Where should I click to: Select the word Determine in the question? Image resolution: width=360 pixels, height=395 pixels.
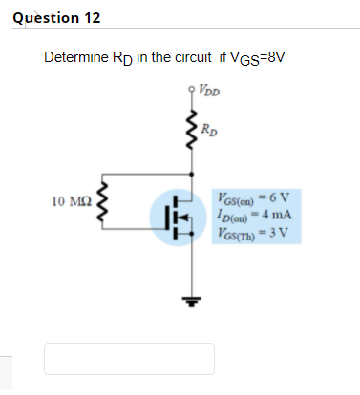(76, 58)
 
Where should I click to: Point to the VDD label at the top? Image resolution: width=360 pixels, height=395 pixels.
(212, 93)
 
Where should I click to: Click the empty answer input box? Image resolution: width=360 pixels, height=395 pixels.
(129, 358)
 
